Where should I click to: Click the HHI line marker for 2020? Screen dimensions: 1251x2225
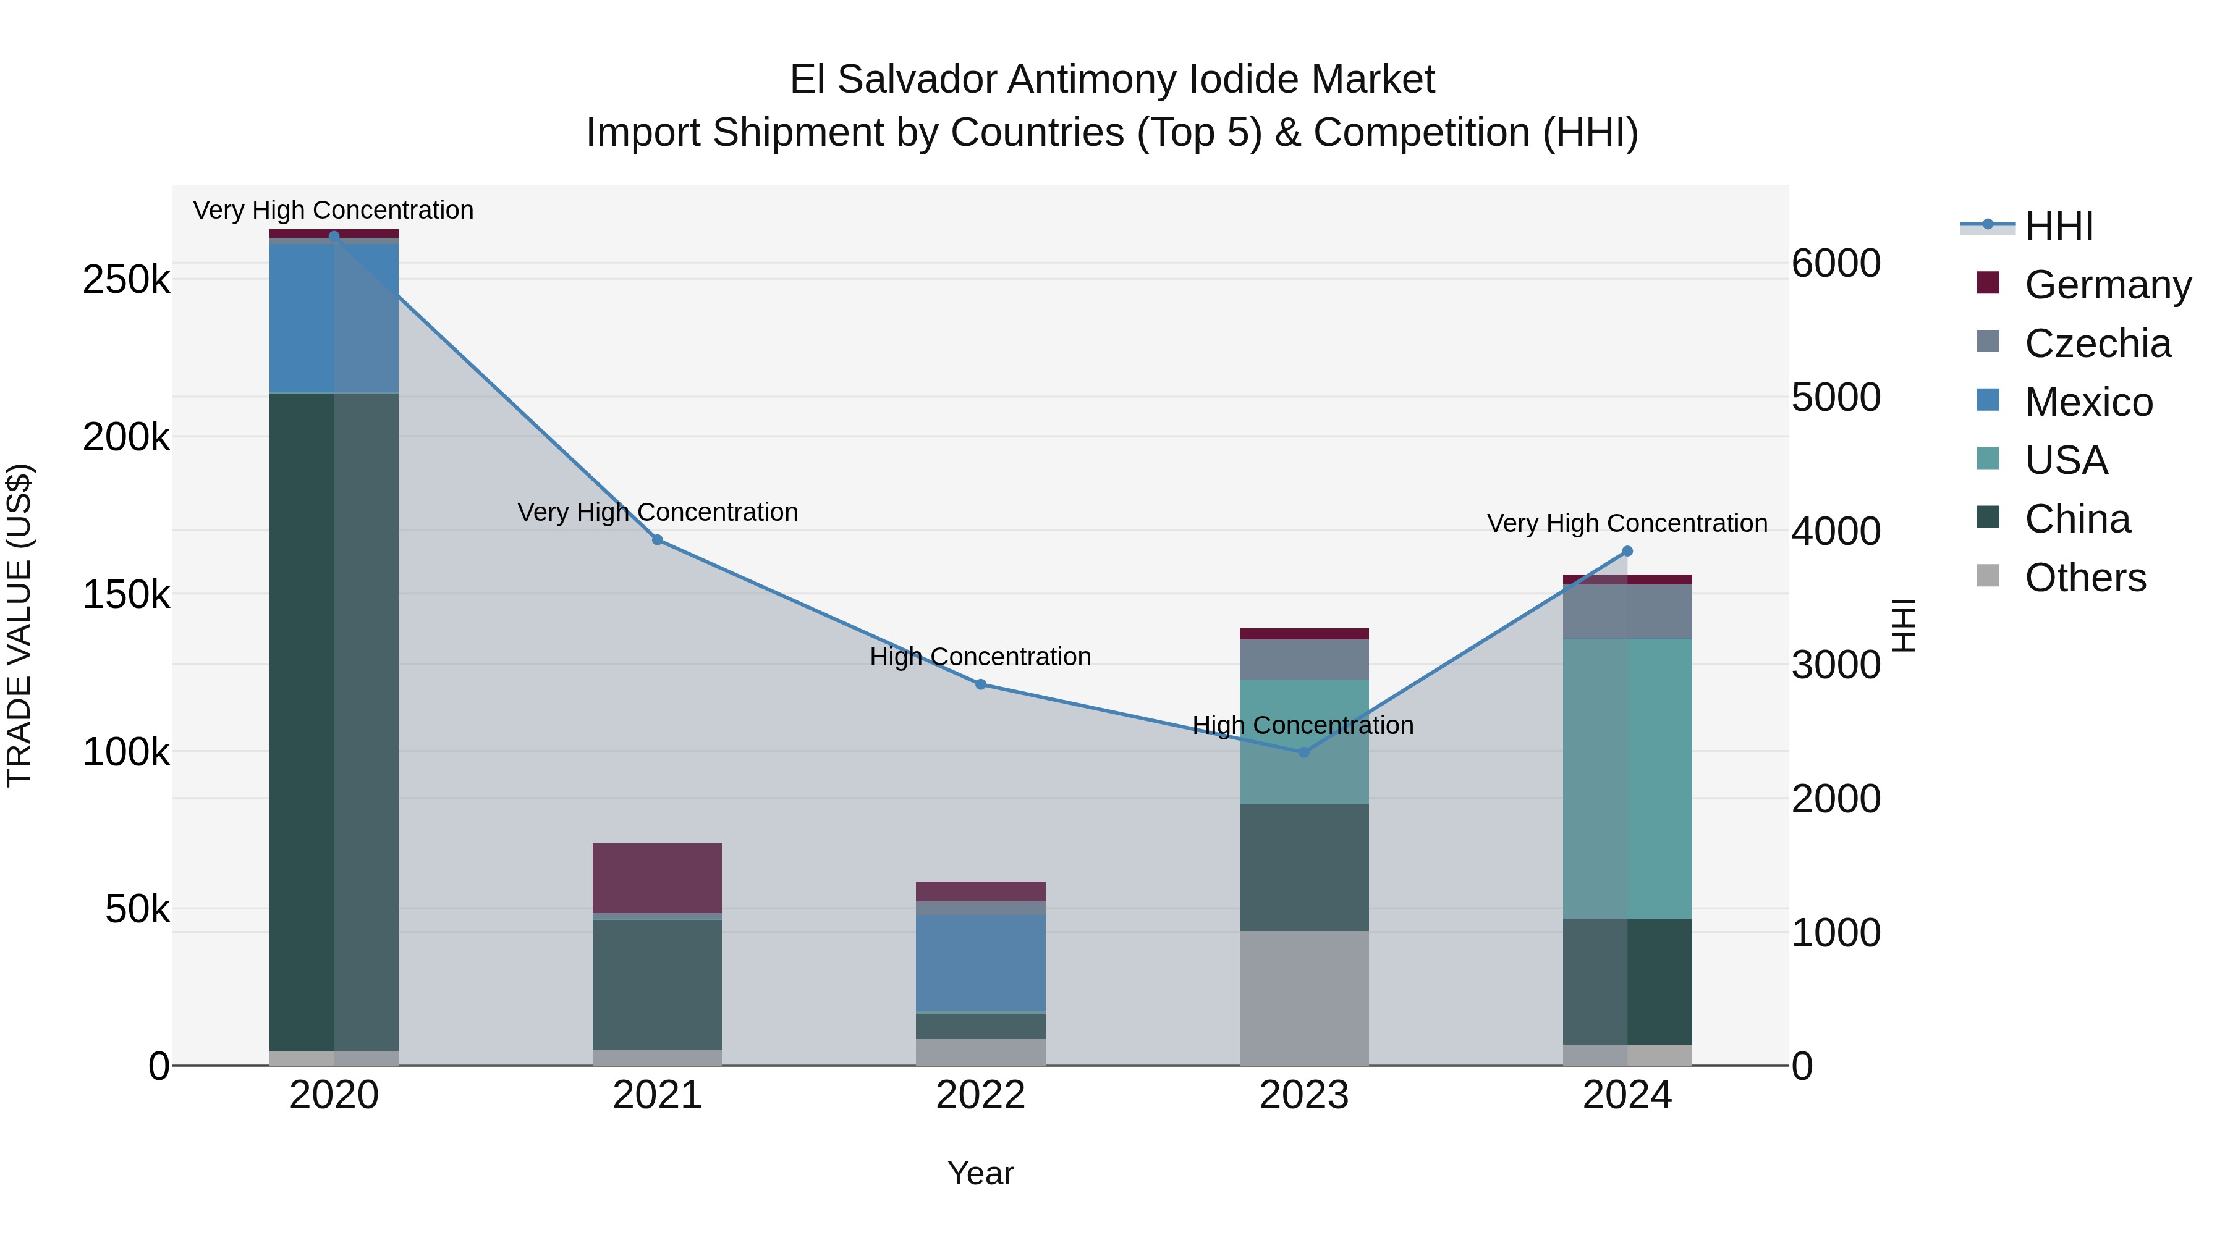tap(334, 236)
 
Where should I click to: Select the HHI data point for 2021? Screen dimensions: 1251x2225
tap(658, 539)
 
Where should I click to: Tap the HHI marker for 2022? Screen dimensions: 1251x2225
tap(980, 684)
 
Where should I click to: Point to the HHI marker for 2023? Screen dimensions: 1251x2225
tap(1304, 752)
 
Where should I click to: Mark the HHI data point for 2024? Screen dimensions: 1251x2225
tap(1627, 551)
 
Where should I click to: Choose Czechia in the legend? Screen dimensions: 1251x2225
tap(2097, 343)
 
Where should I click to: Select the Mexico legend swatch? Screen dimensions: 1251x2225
tap(1988, 400)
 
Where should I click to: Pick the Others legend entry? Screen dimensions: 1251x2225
tap(2085, 578)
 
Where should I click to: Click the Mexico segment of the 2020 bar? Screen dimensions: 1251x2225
tap(334, 319)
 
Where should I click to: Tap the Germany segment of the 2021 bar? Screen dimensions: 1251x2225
tap(658, 877)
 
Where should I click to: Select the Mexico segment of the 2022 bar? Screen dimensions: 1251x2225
tap(980, 962)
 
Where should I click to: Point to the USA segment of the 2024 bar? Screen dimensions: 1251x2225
tap(1627, 778)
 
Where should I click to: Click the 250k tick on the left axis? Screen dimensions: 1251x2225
tap(126, 280)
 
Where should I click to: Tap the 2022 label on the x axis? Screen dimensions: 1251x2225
tap(980, 1095)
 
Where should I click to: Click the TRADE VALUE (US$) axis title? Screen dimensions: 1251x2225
tap(19, 625)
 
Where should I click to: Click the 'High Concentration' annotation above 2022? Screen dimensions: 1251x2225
tap(980, 657)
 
